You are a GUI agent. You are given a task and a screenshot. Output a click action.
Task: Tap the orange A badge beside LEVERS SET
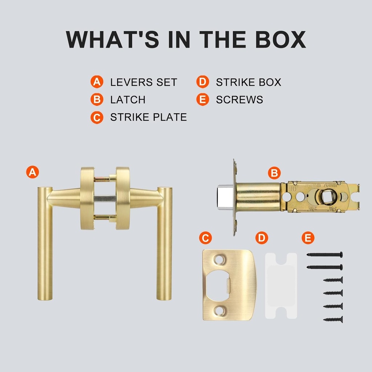96,82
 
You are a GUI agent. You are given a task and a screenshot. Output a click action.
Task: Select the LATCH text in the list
128,100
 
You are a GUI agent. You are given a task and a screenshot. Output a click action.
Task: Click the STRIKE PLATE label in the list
148,117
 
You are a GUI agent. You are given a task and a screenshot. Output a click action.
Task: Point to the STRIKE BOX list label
248,82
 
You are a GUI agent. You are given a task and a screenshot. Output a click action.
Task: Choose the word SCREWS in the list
239,100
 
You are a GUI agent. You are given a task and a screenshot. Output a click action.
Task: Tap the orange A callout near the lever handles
33,172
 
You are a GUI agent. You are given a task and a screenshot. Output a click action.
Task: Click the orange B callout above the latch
274,173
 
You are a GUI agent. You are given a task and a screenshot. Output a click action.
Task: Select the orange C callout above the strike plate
205,238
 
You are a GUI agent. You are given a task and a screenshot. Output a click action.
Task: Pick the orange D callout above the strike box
262,238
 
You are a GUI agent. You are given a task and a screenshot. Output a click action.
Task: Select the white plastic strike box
281,286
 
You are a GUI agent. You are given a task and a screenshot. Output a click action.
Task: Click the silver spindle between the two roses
105,198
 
